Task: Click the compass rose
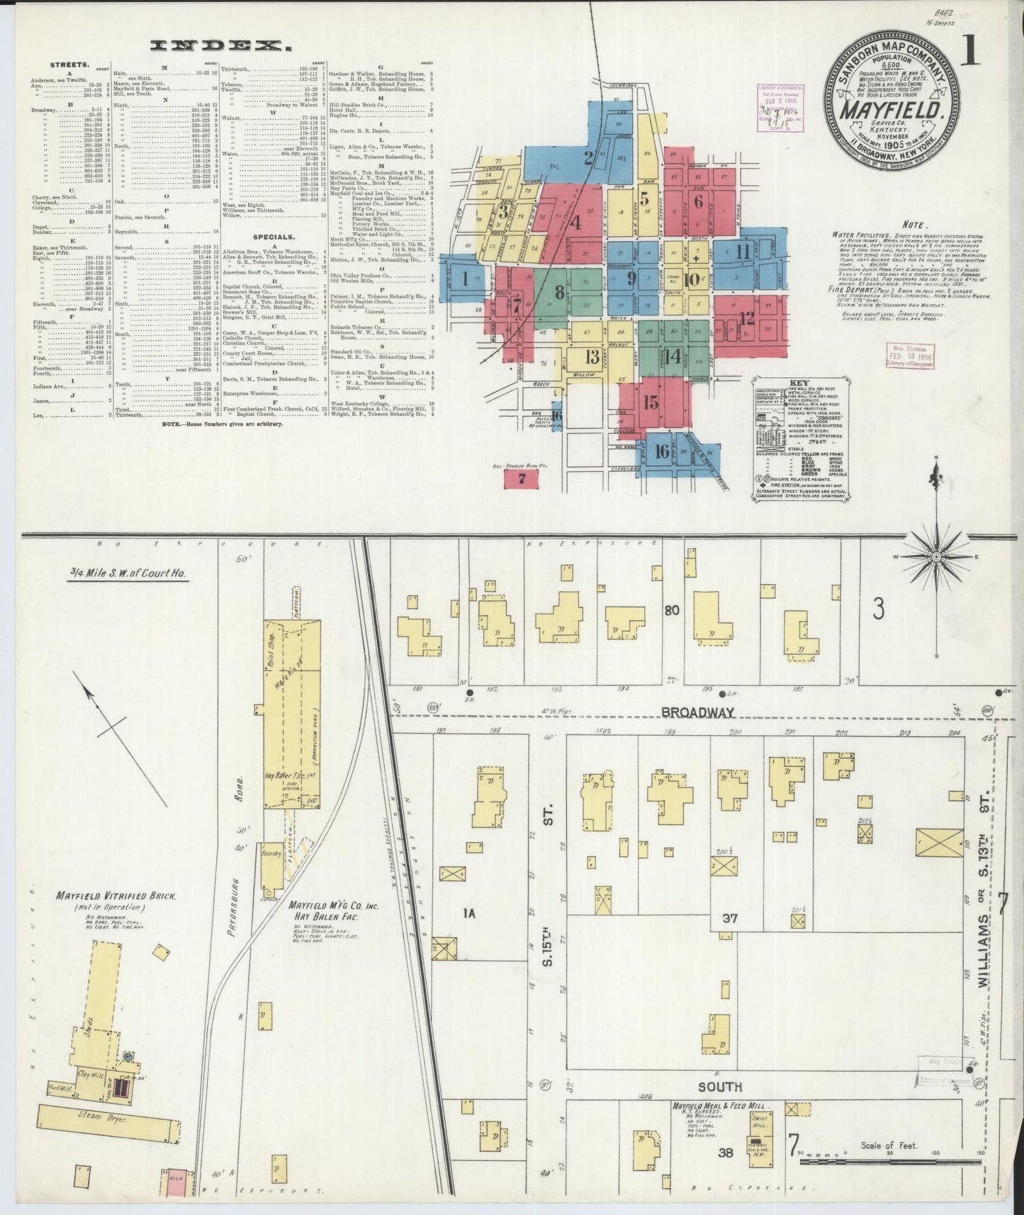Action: (x=936, y=556)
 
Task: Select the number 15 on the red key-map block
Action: (x=650, y=402)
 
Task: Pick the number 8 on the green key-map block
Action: (x=559, y=291)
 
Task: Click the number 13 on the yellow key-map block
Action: (x=592, y=357)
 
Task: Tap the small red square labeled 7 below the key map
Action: (x=521, y=478)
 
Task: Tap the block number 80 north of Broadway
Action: (x=673, y=610)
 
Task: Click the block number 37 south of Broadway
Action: (x=730, y=918)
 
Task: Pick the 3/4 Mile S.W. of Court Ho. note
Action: (x=128, y=572)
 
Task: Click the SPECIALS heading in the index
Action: (x=273, y=237)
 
